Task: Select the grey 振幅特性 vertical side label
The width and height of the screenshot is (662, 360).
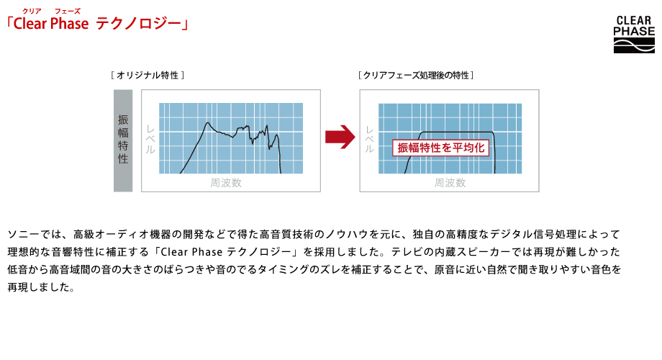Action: (x=123, y=140)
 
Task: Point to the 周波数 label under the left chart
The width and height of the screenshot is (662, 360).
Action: (x=226, y=183)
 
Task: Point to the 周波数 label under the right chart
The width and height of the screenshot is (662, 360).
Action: (x=450, y=183)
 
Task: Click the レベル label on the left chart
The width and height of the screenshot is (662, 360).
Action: (x=150, y=140)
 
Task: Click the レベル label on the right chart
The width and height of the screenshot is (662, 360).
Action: (x=369, y=140)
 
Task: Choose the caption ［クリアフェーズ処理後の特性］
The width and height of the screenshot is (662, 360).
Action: (x=417, y=75)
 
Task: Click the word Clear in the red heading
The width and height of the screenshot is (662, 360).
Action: (x=30, y=24)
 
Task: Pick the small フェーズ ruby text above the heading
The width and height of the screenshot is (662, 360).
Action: (x=67, y=10)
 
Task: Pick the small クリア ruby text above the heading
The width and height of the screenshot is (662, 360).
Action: (x=32, y=10)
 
